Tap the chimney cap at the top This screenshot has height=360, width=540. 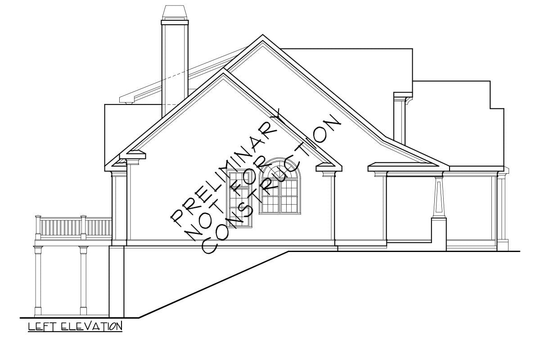point(175,13)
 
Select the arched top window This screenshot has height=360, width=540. point(279,186)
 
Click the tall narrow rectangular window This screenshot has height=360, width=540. point(239,199)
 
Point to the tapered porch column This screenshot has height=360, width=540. point(438,197)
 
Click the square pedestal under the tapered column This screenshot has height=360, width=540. point(439,234)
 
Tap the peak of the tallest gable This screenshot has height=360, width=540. point(262,35)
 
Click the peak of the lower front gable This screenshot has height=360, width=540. point(224,69)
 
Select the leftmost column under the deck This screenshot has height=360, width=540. point(38,281)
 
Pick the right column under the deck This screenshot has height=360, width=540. point(83,281)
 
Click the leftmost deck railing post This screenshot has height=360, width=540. point(38,227)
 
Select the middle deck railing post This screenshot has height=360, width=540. point(83,227)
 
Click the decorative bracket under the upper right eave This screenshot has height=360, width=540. point(409,101)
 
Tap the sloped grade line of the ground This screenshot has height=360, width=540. point(213,284)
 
